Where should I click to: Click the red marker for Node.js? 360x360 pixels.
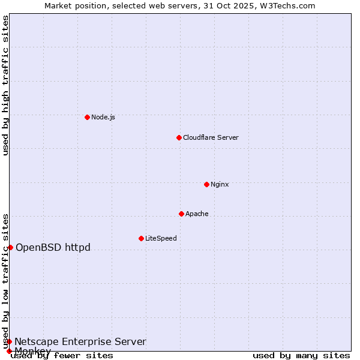coord(87,117)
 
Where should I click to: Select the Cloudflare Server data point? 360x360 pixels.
coord(179,137)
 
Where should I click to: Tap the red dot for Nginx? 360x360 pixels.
coord(206,184)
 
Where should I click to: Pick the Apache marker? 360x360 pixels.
coord(181,214)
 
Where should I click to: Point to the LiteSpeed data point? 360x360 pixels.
coord(141,238)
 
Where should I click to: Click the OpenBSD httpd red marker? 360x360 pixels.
coord(10,247)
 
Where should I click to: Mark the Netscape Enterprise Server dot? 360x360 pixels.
coord(9,341)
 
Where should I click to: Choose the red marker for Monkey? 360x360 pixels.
coord(9,351)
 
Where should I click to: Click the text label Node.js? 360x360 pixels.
coord(103,117)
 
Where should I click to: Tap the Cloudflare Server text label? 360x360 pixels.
coord(211,137)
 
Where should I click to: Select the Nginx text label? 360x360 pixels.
coord(220,184)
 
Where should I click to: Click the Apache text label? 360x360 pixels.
coord(197,214)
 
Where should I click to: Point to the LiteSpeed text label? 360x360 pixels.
coord(161,238)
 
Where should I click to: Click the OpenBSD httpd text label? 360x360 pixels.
coord(53,247)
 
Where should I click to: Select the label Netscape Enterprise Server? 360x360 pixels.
coord(80,341)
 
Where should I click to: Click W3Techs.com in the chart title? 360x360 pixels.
coord(289,5)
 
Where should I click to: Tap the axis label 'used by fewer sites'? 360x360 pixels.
coord(62,355)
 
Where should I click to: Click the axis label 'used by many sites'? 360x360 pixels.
coord(301,355)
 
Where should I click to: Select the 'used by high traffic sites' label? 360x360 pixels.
coord(6,85)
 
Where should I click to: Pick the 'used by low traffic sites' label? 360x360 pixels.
coord(6,281)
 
